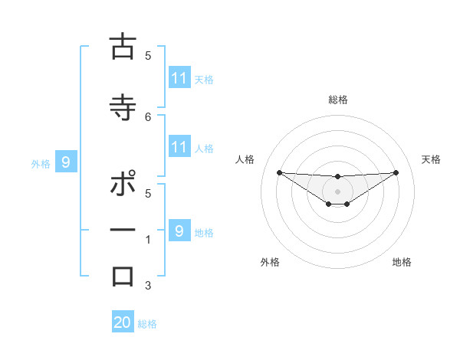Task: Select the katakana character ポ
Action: [123, 184]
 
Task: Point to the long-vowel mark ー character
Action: [123, 230]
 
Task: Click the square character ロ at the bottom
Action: [123, 276]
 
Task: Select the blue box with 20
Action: [123, 322]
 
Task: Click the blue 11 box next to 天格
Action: [179, 77]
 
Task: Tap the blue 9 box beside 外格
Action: [66, 162]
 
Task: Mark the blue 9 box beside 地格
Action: [179, 231]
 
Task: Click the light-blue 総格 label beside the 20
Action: [147, 324]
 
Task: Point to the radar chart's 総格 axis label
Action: [338, 100]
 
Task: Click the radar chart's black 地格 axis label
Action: [402, 262]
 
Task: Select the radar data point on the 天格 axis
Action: [396, 172]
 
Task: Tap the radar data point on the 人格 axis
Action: [279, 172]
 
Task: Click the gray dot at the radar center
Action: [338, 191]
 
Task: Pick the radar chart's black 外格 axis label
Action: [270, 262]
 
